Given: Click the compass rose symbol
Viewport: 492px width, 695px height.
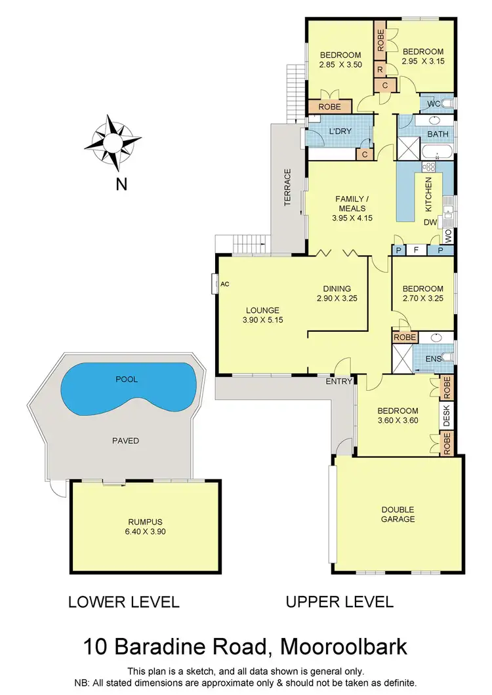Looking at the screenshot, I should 113,142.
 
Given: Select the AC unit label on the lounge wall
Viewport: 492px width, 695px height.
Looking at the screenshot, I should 224,284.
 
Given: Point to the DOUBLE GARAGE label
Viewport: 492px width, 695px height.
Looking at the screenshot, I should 398,514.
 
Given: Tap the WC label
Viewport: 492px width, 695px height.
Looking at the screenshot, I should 434,104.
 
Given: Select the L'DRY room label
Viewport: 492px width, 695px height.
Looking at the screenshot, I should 340,131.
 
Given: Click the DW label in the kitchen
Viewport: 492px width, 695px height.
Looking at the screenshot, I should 430,222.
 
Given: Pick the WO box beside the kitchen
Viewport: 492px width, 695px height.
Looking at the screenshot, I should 449,234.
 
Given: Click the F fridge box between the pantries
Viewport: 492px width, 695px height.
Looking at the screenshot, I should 415,250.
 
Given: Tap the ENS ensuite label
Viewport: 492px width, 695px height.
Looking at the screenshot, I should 434,359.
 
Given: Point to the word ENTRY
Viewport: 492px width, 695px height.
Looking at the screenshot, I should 340,381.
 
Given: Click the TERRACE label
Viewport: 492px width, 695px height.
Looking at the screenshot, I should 287,188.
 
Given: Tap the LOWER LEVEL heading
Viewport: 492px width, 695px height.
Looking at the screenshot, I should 124,602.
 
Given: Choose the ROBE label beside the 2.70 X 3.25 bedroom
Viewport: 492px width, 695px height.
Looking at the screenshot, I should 404,337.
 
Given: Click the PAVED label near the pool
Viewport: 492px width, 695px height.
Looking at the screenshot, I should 125,441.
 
